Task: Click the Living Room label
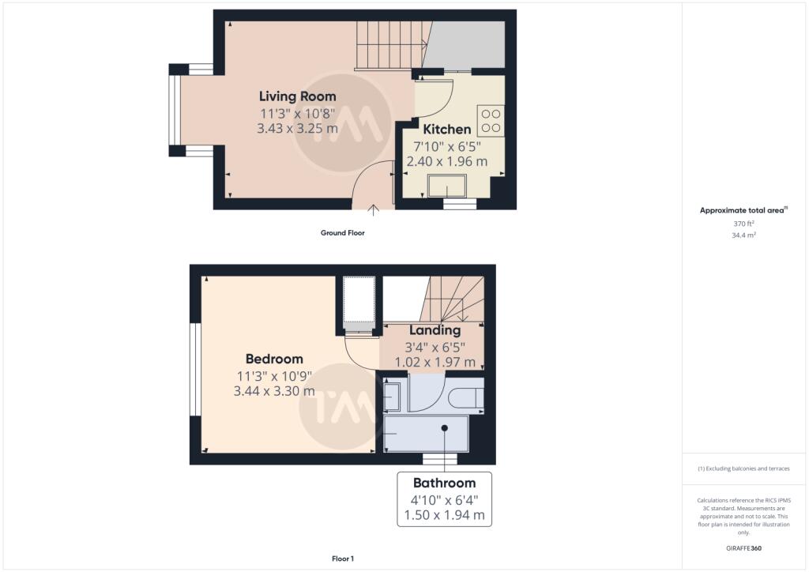[x=297, y=96]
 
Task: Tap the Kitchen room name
[x=447, y=129]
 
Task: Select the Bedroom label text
[x=274, y=359]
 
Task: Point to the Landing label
[x=435, y=330]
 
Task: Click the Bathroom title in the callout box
[x=444, y=484]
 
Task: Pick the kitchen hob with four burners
[x=491, y=121]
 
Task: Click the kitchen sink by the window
[x=447, y=186]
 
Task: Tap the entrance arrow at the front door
[x=373, y=210]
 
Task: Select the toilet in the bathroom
[x=465, y=399]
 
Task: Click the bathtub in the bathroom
[x=426, y=434]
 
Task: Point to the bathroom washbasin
[x=391, y=397]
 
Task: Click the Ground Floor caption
[x=343, y=233]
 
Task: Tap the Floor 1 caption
[x=343, y=559]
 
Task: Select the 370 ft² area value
[x=743, y=224]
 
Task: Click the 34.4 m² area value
[x=743, y=235]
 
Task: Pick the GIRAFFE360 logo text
[x=743, y=548]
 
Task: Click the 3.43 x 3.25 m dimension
[x=297, y=129]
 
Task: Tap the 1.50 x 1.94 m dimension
[x=444, y=515]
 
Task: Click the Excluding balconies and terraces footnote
[x=743, y=469]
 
